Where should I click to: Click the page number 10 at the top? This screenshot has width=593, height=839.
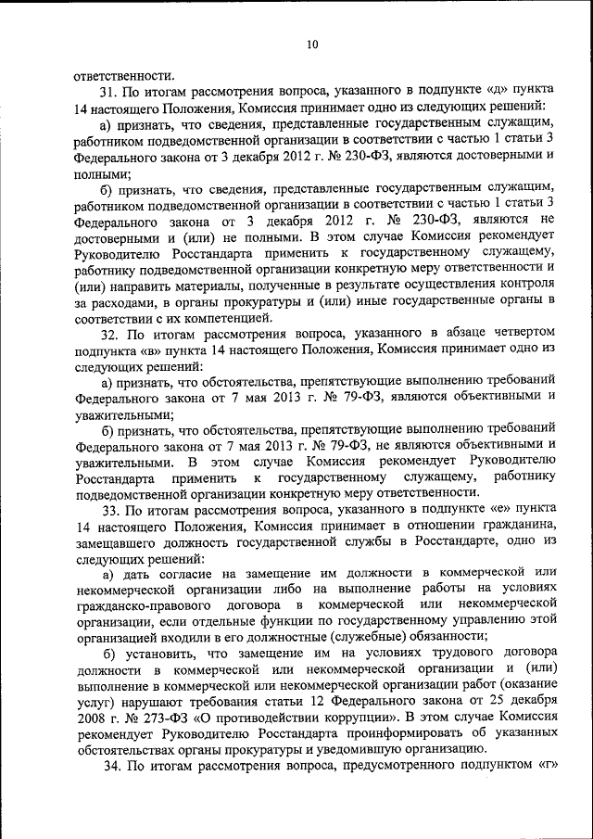(312, 44)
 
